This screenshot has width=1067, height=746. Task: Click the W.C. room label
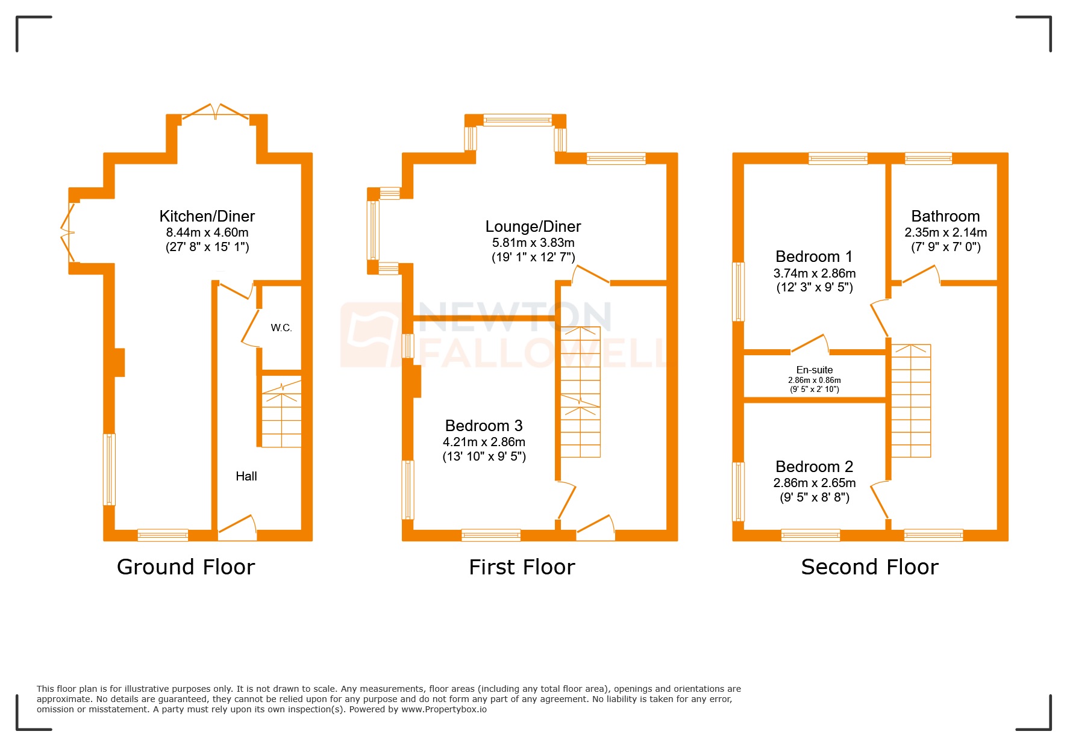[281, 328]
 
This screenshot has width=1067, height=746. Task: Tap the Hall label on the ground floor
[246, 476]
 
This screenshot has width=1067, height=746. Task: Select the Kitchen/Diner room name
[207, 216]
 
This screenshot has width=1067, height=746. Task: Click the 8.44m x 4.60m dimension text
[207, 232]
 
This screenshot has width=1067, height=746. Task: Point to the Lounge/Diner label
[533, 226]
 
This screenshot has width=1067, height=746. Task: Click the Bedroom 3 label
[483, 426]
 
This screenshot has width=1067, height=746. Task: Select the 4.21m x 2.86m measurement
[483, 442]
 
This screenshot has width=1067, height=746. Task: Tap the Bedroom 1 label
[813, 256]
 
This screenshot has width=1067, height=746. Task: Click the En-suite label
[814, 370]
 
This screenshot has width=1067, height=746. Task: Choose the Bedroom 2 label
[813, 467]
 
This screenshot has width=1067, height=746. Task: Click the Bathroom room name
[945, 216]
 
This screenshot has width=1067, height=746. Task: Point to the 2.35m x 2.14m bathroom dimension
[945, 232]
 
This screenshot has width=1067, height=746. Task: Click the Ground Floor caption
[186, 567]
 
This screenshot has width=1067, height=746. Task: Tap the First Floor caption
[522, 567]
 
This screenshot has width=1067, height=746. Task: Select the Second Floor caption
[869, 567]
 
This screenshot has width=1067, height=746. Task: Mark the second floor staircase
[910, 401]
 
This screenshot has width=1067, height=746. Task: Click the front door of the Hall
[237, 526]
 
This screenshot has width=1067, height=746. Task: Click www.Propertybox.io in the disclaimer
[443, 709]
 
